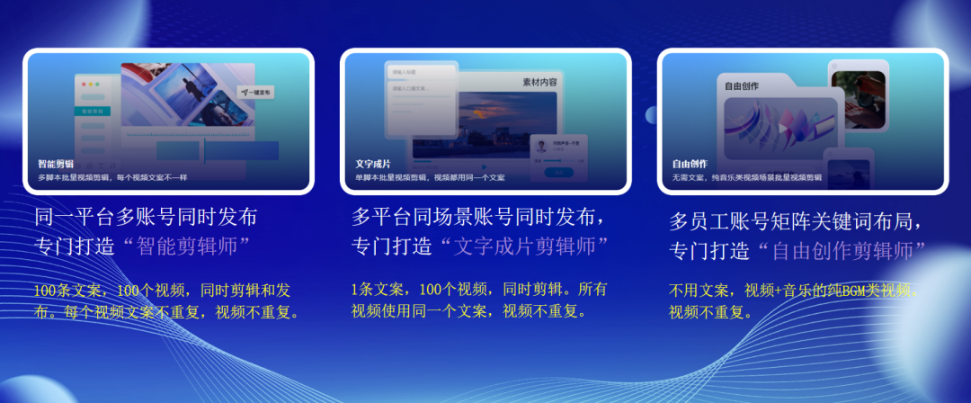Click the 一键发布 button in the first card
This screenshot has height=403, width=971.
[x=256, y=92]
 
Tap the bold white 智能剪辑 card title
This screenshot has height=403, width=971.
[x=56, y=165]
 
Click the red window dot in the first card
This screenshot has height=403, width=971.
[x=84, y=85]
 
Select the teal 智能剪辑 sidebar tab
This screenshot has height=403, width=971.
[x=93, y=112]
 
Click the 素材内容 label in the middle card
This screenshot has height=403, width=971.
[x=539, y=82]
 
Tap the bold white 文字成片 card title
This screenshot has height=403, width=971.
[x=373, y=165]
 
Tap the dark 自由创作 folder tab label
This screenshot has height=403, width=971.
[x=742, y=86]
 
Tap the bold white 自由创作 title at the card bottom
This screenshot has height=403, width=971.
[x=690, y=165]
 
